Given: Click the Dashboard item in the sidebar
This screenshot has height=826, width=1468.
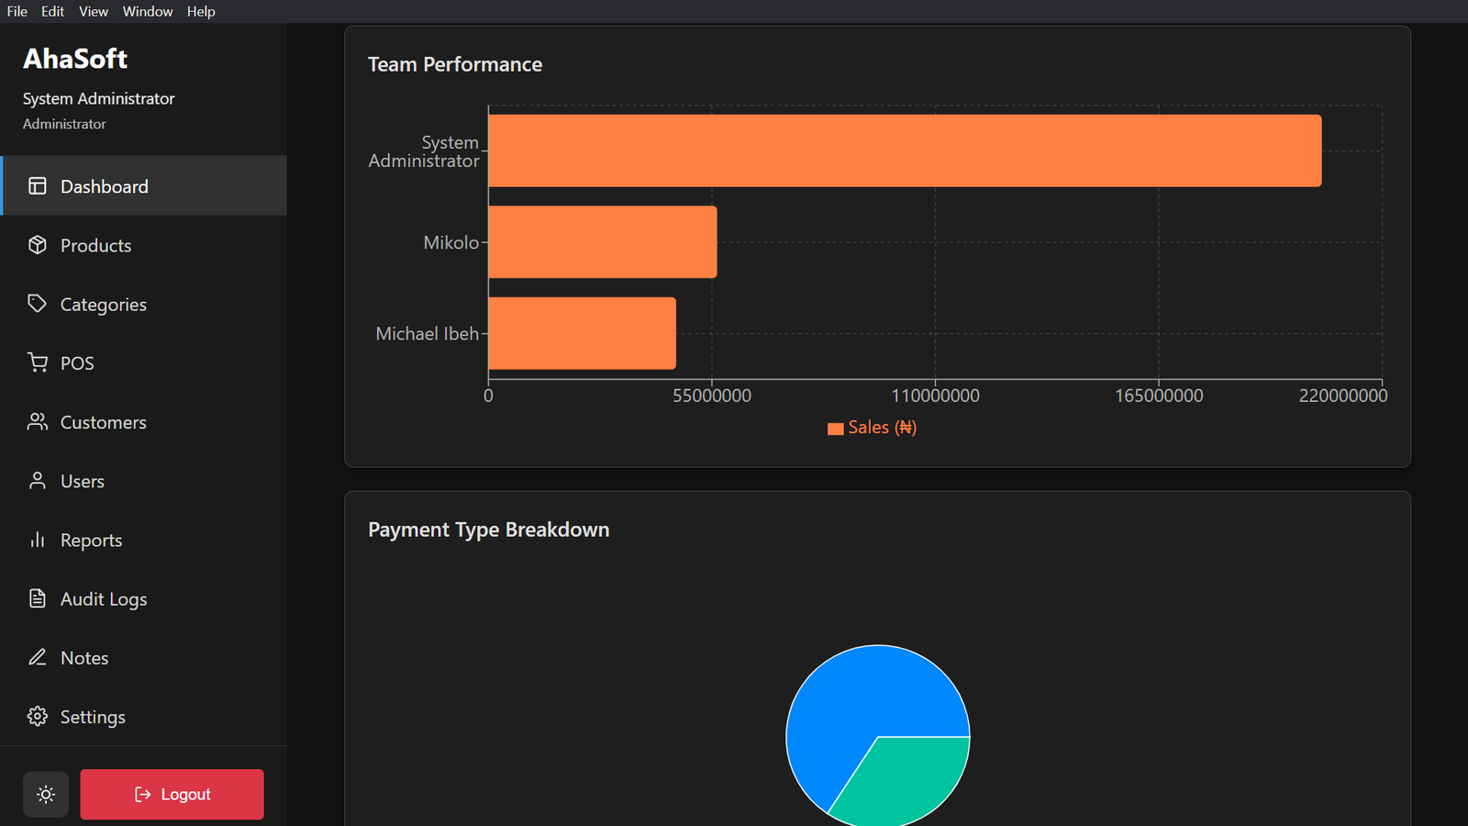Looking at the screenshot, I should point(104,186).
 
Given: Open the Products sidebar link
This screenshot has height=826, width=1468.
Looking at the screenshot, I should point(95,245).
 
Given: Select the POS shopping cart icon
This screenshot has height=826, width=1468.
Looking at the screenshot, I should point(38,363).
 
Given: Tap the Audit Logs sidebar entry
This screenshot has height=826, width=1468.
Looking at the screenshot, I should point(103,599).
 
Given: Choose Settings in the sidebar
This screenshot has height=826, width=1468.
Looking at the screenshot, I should point(92,717).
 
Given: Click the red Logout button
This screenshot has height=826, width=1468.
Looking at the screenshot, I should point(172,794).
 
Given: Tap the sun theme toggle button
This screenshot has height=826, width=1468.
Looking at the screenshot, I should point(46,794).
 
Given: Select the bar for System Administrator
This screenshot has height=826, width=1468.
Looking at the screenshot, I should point(905,151).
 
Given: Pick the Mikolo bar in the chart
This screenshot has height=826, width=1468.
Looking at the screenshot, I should point(602,242).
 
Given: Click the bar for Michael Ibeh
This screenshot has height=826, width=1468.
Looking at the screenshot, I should point(582,333).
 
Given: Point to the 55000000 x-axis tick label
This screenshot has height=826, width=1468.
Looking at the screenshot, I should point(712,396).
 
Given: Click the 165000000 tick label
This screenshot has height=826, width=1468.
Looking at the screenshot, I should point(1159,396).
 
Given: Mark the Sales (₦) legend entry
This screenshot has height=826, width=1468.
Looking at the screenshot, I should point(873,428).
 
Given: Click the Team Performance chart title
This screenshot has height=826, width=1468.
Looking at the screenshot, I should point(455,64).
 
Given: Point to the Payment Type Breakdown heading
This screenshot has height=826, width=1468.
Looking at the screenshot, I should point(488,530).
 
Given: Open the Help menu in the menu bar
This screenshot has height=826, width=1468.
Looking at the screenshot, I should point(201,11).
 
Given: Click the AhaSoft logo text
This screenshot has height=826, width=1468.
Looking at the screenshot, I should point(75,59).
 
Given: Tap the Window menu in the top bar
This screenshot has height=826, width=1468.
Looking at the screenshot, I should point(148,11).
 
